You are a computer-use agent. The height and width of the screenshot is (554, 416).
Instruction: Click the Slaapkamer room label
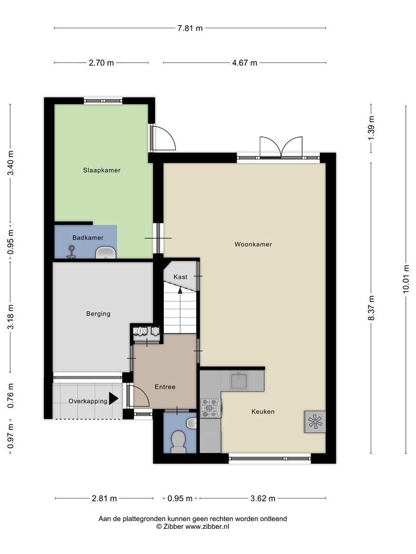coord(102,170)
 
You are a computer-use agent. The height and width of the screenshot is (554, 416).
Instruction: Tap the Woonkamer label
coord(253,244)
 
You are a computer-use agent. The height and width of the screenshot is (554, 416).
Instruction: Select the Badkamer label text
coord(88,238)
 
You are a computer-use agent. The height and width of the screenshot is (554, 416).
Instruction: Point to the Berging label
coord(98,314)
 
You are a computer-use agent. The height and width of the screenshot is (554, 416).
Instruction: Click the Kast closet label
coord(180,277)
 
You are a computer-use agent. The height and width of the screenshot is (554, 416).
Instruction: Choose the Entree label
coord(165,387)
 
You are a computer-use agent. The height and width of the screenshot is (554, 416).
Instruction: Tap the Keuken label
coord(263,411)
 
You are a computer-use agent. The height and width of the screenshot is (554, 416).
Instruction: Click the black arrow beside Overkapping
coord(114,399)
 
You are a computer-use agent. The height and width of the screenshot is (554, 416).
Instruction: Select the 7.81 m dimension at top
coord(191,28)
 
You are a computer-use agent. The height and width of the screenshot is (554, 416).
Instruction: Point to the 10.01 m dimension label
coord(406,279)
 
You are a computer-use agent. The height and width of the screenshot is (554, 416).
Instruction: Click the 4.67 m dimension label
coord(244,63)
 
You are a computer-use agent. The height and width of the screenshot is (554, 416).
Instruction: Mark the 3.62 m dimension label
coord(263,499)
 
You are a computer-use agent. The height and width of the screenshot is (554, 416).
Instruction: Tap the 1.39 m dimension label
coord(371,128)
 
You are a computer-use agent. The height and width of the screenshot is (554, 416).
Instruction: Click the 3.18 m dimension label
coord(11,317)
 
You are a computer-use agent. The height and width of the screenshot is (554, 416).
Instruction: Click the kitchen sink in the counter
coord(239,381)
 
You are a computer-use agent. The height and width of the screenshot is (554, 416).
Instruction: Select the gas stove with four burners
coord(211,408)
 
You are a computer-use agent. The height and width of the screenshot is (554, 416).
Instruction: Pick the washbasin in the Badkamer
coord(106,252)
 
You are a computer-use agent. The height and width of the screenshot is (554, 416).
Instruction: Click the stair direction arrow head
coord(180,290)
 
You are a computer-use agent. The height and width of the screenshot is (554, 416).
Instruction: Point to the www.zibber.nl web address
coord(207,526)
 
